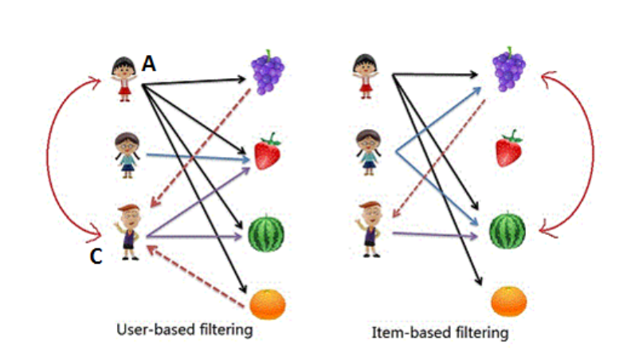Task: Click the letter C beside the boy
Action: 96,258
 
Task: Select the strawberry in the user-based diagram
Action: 268,152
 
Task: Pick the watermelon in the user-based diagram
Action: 266,233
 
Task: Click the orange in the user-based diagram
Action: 268,305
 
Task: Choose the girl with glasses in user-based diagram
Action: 127,155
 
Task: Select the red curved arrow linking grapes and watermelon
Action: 588,151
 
